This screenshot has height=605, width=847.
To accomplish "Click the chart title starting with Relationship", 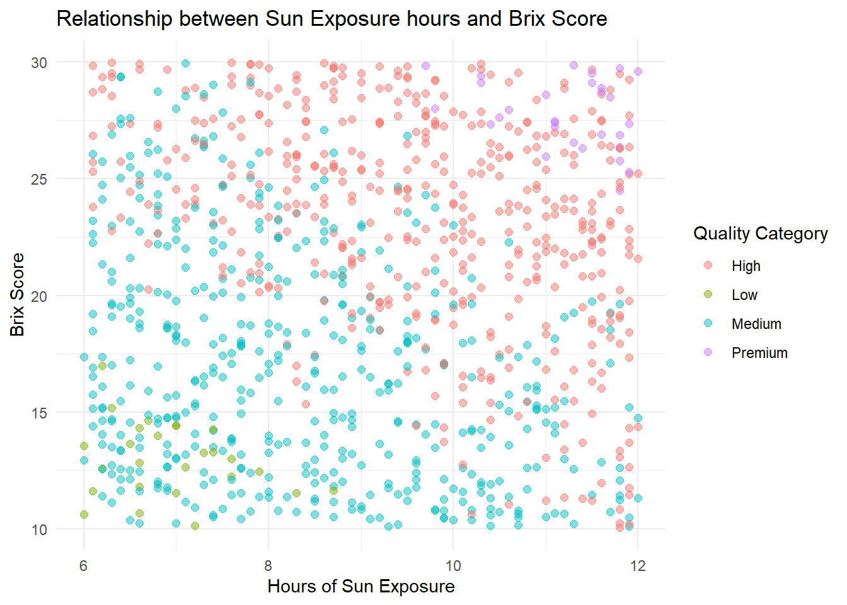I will click(331, 19).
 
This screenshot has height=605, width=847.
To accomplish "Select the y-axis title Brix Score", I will click(18, 295).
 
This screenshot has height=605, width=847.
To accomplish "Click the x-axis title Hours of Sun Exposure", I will click(360, 586).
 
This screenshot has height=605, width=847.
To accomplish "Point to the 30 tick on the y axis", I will click(39, 62).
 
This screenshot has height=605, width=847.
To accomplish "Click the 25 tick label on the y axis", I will click(39, 179).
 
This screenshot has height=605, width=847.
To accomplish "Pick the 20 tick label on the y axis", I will click(39, 296).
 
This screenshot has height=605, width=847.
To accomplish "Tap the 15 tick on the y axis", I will click(39, 413).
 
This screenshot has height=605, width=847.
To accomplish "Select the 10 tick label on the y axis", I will click(39, 530).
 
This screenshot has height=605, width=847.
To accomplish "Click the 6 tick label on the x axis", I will click(84, 565).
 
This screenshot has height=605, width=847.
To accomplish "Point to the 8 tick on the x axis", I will click(268, 565).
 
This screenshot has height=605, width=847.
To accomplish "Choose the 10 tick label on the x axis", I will click(453, 565).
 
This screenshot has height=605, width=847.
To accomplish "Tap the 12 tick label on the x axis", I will click(638, 565).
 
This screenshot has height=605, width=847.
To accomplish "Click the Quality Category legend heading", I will click(760, 234).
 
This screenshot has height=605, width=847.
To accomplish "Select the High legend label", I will click(746, 266).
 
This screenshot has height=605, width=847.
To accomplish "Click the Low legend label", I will click(744, 295).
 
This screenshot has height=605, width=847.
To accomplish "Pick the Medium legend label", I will click(756, 324).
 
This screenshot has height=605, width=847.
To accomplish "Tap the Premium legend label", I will click(759, 353).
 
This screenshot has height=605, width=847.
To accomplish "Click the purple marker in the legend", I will click(708, 352).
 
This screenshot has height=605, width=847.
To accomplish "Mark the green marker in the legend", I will click(708, 294).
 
